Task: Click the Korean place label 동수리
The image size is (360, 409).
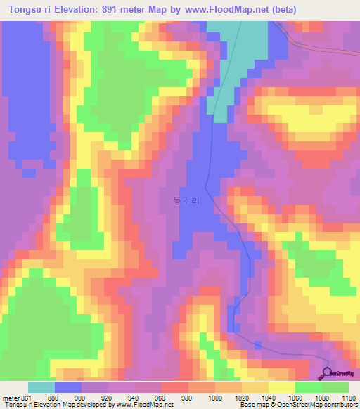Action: pos(186,201)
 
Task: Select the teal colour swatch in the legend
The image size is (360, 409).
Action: pos(41,387)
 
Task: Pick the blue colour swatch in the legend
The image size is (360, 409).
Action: pos(68,387)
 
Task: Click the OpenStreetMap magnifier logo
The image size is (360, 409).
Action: pos(328,373)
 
